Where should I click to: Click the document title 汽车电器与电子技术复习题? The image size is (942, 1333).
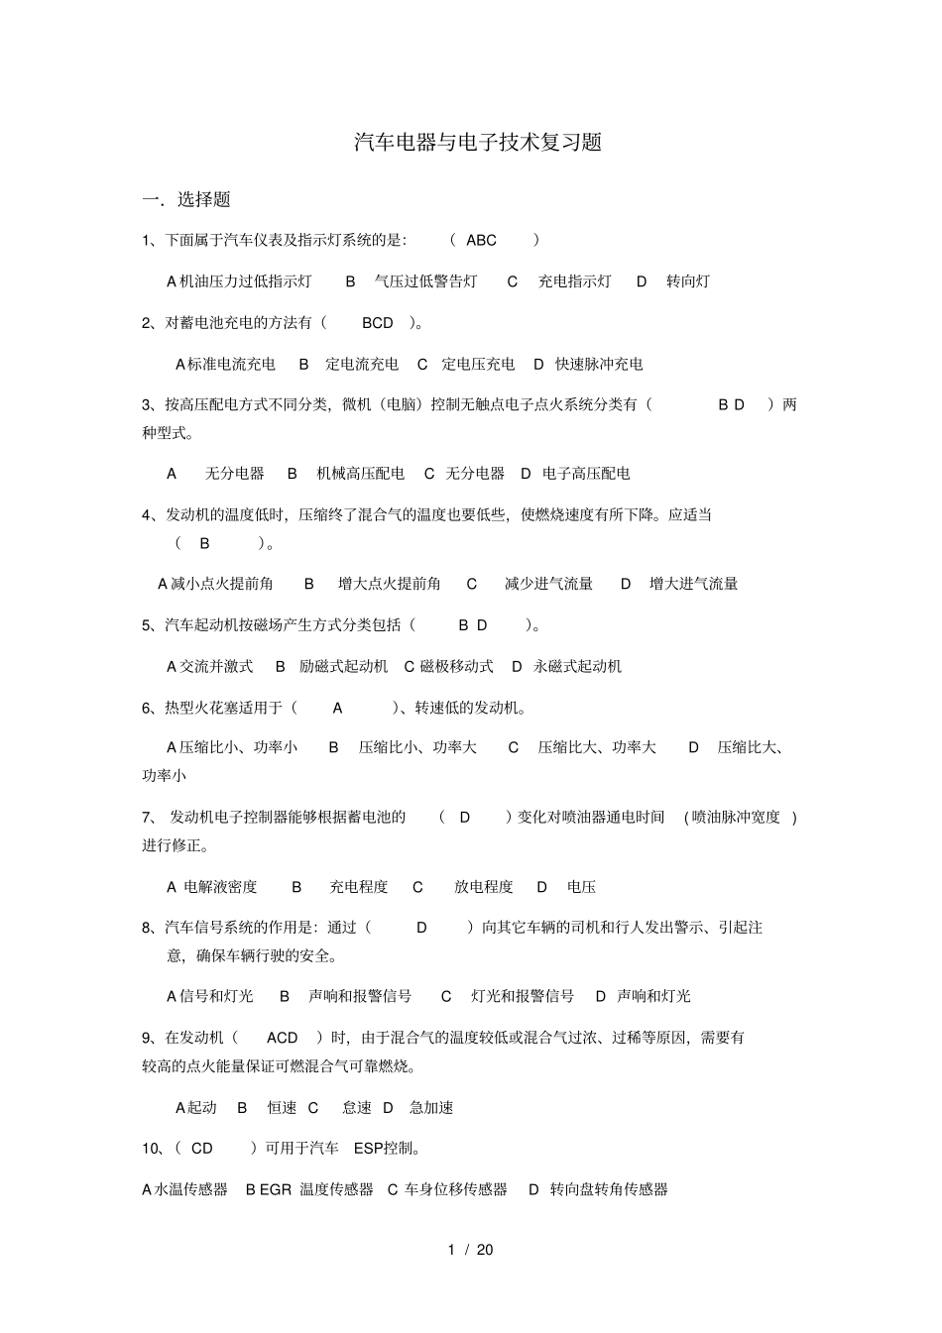click(478, 142)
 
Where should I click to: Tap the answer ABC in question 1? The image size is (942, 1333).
click(481, 240)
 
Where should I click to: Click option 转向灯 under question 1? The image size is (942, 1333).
click(687, 281)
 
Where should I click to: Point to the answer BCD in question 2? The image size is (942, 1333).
click(378, 323)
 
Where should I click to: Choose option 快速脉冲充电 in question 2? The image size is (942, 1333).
click(599, 365)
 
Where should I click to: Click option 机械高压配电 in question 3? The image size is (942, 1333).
click(360, 474)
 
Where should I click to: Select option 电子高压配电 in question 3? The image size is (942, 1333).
click(586, 474)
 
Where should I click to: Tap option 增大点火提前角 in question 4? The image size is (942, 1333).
click(389, 584)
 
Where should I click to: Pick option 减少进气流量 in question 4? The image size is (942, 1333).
click(548, 584)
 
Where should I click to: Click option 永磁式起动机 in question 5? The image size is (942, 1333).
click(577, 667)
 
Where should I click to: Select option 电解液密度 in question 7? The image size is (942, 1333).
click(220, 887)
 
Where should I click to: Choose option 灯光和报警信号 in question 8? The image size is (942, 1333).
click(522, 996)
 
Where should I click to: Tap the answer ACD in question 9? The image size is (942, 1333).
click(283, 1038)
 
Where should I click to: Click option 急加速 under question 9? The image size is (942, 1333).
click(431, 1108)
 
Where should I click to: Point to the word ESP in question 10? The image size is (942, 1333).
click(369, 1149)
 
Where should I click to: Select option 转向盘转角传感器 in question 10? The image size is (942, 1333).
click(609, 1189)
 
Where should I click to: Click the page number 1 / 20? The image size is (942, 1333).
click(471, 1250)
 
